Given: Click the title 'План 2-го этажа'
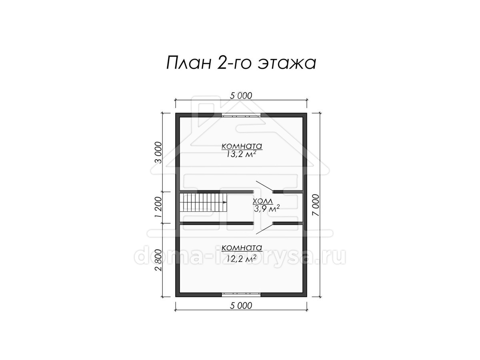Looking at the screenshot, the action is [x=241, y=63].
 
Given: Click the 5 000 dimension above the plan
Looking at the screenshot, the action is [x=241, y=96].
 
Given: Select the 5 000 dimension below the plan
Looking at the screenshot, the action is [x=241, y=306].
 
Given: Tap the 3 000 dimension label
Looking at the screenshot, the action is [x=158, y=152].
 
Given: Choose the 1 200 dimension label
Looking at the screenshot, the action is [x=158, y=207].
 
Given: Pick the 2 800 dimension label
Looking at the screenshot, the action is [x=158, y=260].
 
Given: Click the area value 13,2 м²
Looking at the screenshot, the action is [x=241, y=154].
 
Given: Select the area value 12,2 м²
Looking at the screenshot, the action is [x=241, y=259].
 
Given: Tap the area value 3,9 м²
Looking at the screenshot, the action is [x=266, y=209].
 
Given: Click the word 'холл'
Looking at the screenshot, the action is [x=263, y=201].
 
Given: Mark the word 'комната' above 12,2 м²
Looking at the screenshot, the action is [x=242, y=248].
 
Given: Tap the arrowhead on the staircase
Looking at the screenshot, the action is [x=224, y=202].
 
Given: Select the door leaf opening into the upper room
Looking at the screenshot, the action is [x=264, y=186].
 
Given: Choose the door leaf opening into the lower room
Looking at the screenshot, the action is [x=264, y=229].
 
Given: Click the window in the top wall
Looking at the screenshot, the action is [x=241, y=115].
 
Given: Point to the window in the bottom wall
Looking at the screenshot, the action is [x=241, y=295].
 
